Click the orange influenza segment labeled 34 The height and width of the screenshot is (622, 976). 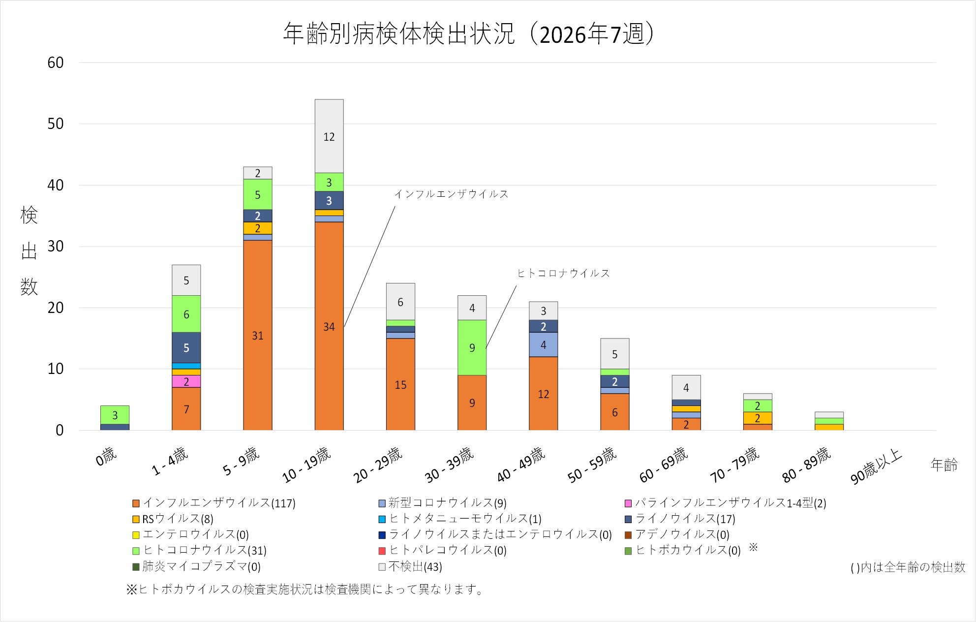[x=329, y=326]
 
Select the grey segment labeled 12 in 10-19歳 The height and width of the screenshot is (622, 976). [x=329, y=136]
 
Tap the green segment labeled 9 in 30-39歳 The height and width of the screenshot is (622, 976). [x=472, y=347]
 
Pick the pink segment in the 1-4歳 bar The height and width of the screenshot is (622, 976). [x=186, y=381]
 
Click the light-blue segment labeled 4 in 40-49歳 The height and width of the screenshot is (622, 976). [x=543, y=344]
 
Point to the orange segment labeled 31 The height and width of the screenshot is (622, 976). [x=258, y=335]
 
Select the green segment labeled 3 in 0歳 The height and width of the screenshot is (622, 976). [x=115, y=415]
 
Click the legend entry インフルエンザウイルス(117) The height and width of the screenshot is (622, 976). [x=214, y=503]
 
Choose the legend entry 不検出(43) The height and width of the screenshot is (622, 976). [x=410, y=566]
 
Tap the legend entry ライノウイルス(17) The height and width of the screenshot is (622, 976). [x=680, y=519]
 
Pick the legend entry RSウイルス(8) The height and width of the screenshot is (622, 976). [x=173, y=519]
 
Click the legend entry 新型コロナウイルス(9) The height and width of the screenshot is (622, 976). [x=442, y=503]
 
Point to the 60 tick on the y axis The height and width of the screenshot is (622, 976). [x=56, y=62]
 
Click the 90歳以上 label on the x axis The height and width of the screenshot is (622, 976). [x=876, y=466]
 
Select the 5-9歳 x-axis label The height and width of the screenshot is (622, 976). [x=241, y=461]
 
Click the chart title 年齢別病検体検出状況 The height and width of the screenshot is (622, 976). [x=399, y=33]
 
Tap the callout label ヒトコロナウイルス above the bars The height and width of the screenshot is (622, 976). [x=563, y=273]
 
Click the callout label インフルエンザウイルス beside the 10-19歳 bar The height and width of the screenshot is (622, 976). [x=451, y=194]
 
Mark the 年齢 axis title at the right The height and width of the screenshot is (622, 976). [x=944, y=465]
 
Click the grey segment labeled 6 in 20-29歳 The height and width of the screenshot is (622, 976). [x=400, y=302]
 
